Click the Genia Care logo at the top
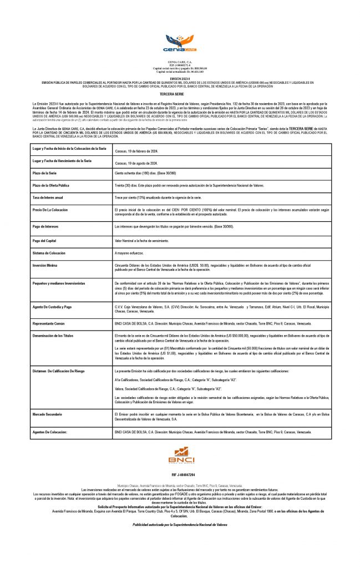(x=180, y=42)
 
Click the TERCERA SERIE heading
(x=180, y=94)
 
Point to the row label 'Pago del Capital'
(x=46, y=240)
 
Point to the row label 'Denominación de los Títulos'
(x=55, y=336)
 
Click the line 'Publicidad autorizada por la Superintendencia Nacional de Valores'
(x=180, y=524)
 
